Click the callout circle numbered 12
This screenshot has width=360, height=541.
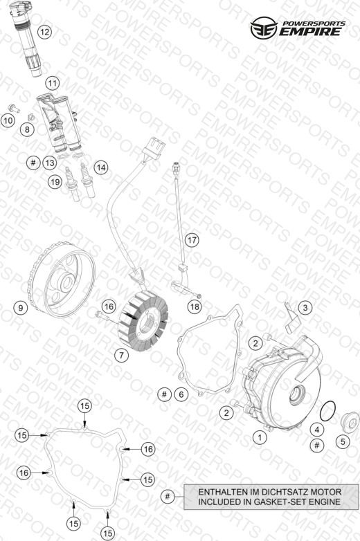[44, 33]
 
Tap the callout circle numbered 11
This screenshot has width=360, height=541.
[52, 83]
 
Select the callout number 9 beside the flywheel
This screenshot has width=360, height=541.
[20, 307]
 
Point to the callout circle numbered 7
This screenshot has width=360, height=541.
[121, 355]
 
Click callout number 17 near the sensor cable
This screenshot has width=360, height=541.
[192, 240]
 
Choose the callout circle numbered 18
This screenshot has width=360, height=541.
[195, 306]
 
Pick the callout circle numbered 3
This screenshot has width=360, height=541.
[305, 307]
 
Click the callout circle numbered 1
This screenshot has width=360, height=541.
[260, 438]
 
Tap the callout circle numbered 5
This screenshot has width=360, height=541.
[343, 441]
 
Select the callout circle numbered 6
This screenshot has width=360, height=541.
[181, 394]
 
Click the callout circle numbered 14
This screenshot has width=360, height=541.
[101, 167]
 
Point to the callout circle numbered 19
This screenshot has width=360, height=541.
[55, 182]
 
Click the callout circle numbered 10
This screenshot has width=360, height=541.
[8, 120]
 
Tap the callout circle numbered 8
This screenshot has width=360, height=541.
[27, 130]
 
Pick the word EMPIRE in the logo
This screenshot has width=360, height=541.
[309, 32]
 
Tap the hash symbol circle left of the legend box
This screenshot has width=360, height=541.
[168, 497]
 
